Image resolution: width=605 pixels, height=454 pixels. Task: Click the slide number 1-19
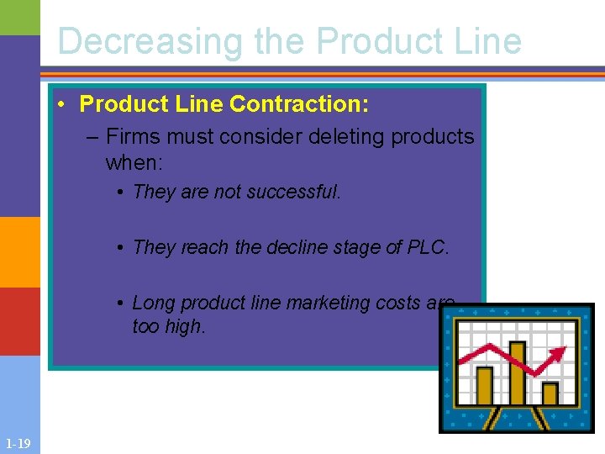18,444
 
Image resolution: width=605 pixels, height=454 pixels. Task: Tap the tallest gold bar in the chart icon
517,373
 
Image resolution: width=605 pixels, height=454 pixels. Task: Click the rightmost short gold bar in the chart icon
550,393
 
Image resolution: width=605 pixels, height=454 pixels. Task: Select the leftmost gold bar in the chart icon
484,386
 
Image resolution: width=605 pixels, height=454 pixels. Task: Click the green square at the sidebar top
19,17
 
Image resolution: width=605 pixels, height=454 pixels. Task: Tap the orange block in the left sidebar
19,251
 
